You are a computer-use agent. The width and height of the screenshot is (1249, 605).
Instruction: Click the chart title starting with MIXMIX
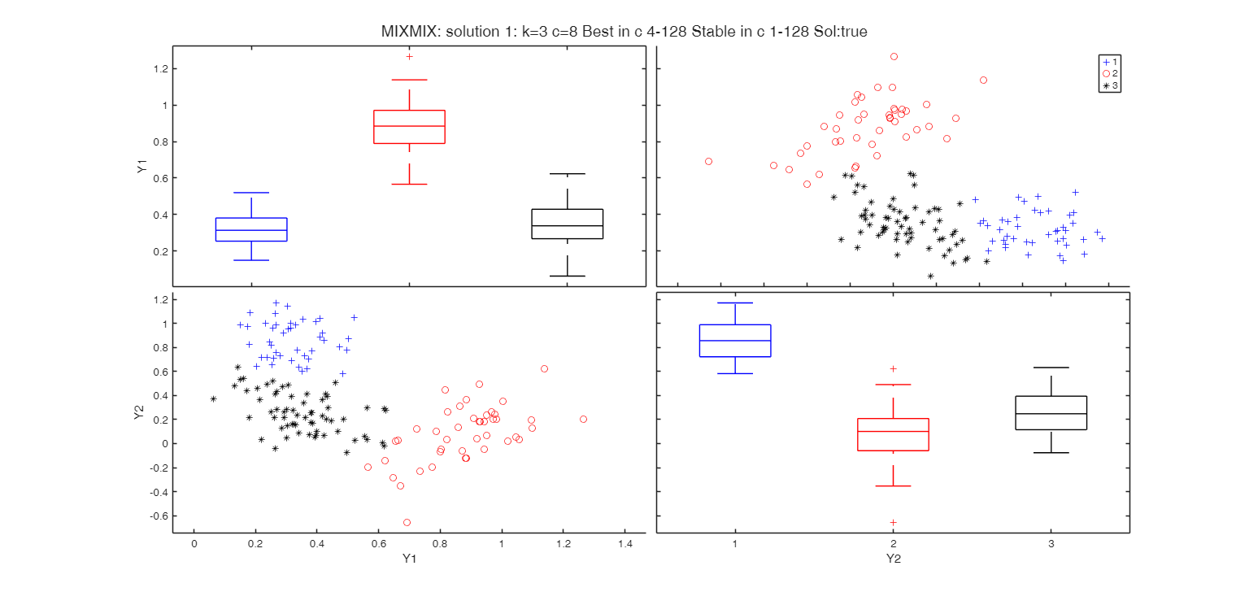tap(624, 33)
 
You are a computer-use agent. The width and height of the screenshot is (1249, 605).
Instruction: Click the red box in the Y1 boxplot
tap(409, 127)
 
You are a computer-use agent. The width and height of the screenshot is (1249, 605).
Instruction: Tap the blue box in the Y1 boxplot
tap(251, 229)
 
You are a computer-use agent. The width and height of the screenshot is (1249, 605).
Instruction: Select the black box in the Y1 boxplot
tap(567, 224)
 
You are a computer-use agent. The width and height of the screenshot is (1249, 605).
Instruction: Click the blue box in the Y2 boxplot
tap(735, 340)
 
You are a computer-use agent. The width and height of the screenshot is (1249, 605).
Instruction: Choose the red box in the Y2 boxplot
tap(893, 434)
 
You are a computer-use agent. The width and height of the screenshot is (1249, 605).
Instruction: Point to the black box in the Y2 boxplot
tap(1051, 412)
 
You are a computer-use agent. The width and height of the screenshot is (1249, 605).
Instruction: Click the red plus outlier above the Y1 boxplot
tap(409, 56)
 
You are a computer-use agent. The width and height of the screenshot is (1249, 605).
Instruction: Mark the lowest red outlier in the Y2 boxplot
tap(893, 522)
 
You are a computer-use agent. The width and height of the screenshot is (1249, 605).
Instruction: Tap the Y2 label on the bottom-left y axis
tap(138, 412)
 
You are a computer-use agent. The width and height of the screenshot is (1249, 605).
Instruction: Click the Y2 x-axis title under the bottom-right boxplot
tap(893, 559)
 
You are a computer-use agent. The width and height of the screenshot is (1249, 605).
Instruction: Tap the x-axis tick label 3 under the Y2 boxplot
tap(1051, 543)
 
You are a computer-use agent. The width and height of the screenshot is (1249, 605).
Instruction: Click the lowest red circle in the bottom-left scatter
tap(407, 522)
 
